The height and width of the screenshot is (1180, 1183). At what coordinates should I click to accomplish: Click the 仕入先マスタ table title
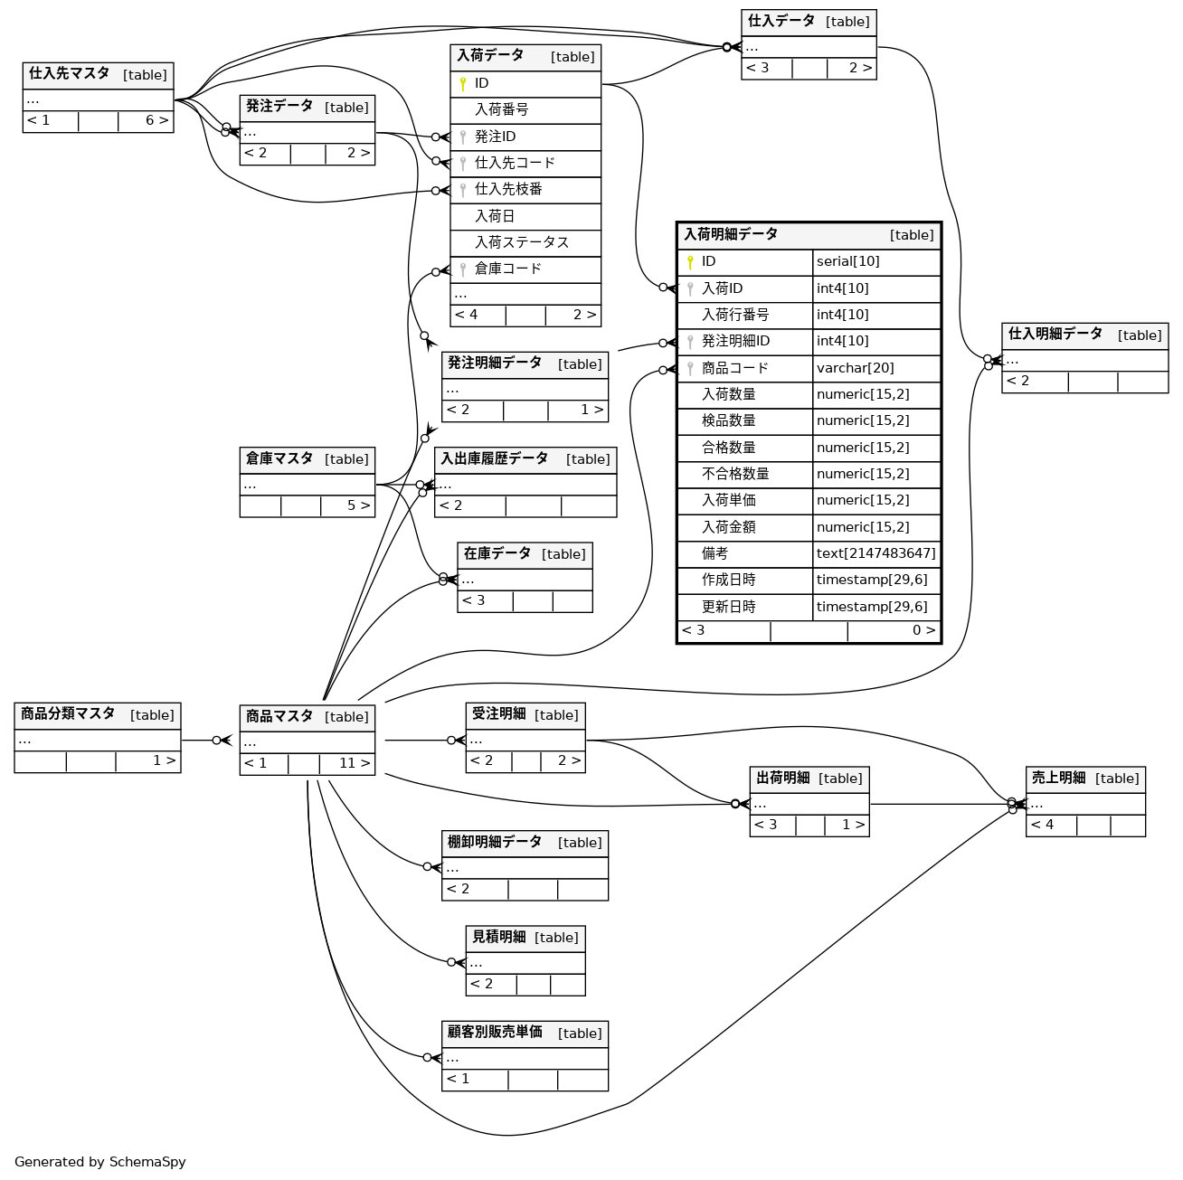tap(70, 74)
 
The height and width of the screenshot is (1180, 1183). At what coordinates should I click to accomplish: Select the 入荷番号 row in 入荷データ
tap(502, 110)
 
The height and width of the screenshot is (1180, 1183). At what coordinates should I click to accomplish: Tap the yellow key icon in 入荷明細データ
tap(690, 262)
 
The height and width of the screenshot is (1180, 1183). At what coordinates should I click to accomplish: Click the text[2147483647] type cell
tap(875, 553)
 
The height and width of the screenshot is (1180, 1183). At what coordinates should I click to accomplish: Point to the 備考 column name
tap(715, 553)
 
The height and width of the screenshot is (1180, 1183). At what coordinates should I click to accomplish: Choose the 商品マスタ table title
tap(279, 717)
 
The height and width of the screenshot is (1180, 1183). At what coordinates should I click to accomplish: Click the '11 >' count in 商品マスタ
tap(354, 764)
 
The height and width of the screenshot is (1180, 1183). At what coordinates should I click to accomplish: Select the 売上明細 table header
tap(1059, 779)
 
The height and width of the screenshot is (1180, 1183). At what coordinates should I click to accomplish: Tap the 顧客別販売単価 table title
tap(495, 1033)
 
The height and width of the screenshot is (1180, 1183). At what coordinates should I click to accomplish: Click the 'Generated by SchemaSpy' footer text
tap(100, 1162)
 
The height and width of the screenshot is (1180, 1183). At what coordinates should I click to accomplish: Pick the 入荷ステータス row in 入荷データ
tap(522, 242)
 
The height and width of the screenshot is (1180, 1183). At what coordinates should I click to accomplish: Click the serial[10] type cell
tap(847, 262)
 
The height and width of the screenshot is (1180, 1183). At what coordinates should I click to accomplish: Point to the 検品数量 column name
tap(729, 421)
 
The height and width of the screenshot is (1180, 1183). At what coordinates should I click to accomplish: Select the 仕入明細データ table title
tap(1055, 335)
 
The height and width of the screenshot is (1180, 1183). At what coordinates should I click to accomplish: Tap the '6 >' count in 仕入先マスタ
tap(156, 121)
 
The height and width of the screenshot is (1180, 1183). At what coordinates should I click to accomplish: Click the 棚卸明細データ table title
tap(495, 843)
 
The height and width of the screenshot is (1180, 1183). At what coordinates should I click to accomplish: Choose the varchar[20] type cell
tap(855, 368)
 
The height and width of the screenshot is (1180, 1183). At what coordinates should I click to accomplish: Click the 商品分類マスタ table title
tap(68, 714)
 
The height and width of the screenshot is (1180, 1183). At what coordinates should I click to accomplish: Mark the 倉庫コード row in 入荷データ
tap(508, 269)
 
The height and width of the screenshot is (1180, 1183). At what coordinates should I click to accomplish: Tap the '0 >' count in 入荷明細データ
tap(923, 631)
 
